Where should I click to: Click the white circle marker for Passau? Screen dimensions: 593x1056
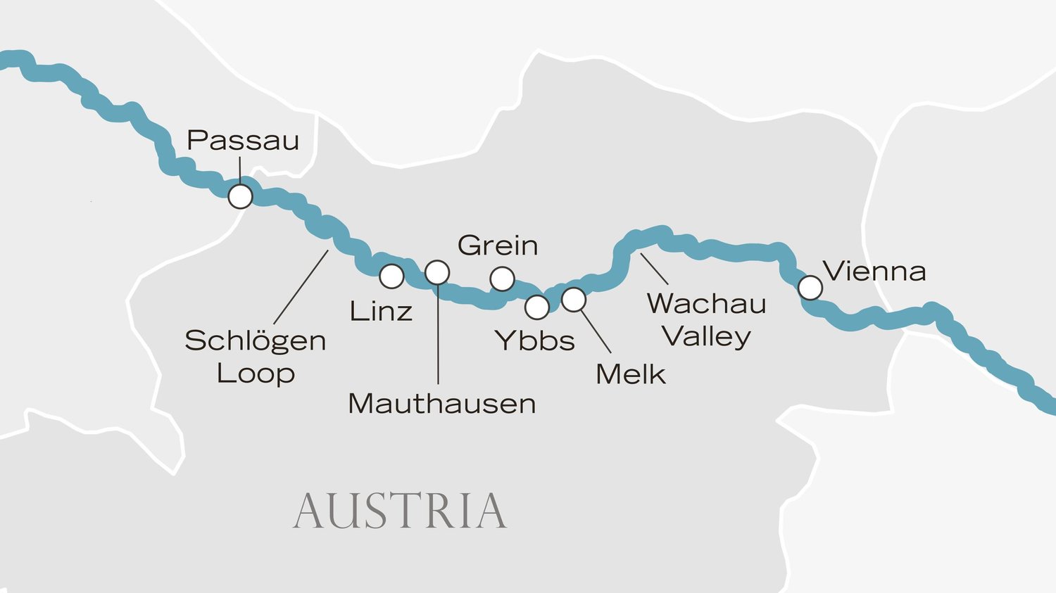[240, 196]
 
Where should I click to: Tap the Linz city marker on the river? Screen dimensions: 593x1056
[391, 276]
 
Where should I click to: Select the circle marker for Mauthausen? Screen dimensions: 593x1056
[437, 272]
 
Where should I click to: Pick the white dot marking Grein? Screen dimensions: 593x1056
[502, 279]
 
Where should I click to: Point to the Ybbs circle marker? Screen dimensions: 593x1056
[537, 307]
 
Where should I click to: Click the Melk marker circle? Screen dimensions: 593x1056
[574, 300]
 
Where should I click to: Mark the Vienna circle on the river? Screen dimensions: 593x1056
[810, 287]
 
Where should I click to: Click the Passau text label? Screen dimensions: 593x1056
[243, 141]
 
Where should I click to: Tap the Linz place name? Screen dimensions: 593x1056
[381, 312]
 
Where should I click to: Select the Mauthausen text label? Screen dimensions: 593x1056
[442, 404]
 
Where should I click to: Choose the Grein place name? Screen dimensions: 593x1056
[498, 246]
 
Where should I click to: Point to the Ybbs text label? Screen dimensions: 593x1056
[535, 341]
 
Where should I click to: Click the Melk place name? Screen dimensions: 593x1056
[630, 374]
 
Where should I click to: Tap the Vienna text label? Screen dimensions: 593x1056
[874, 272]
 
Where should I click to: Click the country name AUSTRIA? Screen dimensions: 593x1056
[400, 511]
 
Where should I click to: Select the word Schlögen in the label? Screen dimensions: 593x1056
[256, 341]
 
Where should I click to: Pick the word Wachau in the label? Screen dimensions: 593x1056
[706, 304]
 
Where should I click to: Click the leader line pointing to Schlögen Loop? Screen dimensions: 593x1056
[301, 287]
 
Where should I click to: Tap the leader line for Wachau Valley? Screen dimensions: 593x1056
[654, 269]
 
